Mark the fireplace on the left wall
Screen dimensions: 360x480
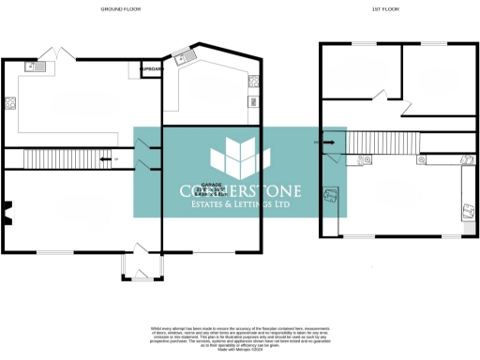pyautogui.click(x=7, y=215)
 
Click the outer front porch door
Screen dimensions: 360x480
pyautogui.click(x=138, y=278)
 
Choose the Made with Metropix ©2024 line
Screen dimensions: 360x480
pyautogui.click(x=241, y=350)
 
